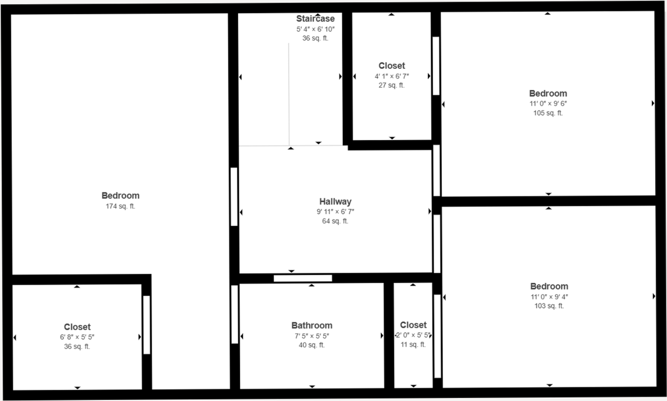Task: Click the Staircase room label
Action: click(x=315, y=19)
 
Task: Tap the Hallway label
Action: click(x=335, y=202)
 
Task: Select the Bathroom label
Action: click(x=312, y=325)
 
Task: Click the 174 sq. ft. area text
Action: click(x=120, y=206)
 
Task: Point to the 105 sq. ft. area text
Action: click(x=548, y=113)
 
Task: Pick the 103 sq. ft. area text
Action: click(x=549, y=306)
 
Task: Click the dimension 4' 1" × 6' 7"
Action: click(x=391, y=76)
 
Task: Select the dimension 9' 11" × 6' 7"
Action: click(x=335, y=212)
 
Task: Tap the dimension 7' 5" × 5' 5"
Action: click(x=312, y=336)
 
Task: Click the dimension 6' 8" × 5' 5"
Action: click(x=77, y=337)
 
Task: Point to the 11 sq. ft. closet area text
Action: click(x=413, y=344)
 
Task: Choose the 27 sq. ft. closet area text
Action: click(x=391, y=85)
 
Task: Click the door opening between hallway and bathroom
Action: click(x=303, y=278)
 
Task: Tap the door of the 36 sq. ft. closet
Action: click(x=146, y=325)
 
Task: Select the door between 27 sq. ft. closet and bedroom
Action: click(x=436, y=66)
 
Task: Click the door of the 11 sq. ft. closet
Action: click(x=437, y=336)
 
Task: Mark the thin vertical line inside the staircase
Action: click(x=289, y=94)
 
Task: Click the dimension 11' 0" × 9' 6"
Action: click(x=548, y=104)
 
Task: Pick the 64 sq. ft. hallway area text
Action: click(x=335, y=221)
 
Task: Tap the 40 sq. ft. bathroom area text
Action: click(x=312, y=345)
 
